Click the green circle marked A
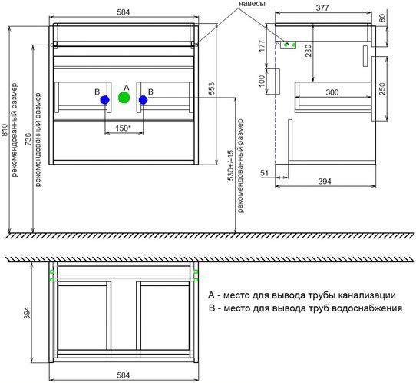[x=124, y=97]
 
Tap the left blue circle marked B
[x=105, y=100]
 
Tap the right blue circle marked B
[x=143, y=100]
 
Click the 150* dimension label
[x=124, y=128]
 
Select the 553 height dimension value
[x=211, y=88]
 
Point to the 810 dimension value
[x=5, y=130]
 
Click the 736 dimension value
[x=28, y=139]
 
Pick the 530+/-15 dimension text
[x=230, y=165]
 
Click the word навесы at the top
[x=252, y=3]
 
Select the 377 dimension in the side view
[x=322, y=8]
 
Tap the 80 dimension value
[x=382, y=18]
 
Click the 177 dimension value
[x=262, y=45]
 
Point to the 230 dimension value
[x=309, y=51]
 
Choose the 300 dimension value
[x=332, y=92]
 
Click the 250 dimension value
[x=382, y=88]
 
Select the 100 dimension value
[x=262, y=81]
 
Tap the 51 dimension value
[x=264, y=173]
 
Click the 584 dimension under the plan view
[x=124, y=375]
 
